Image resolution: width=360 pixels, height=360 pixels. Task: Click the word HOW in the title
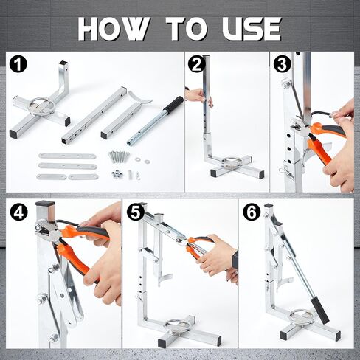point(114,29)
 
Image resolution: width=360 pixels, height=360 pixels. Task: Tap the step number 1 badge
point(18,64)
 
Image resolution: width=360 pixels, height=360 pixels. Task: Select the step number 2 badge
point(196,64)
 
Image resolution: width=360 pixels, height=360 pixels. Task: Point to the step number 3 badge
point(282,64)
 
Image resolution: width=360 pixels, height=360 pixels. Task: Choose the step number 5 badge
point(135,212)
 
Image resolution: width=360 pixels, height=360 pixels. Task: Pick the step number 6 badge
point(252,212)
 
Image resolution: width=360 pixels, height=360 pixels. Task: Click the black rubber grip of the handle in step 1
point(173,104)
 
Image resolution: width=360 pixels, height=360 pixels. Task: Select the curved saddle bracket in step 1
point(140,98)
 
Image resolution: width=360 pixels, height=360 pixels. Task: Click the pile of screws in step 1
point(118,156)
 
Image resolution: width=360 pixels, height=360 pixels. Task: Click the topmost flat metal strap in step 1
point(67,156)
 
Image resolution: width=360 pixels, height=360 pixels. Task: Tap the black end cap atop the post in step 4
point(45,204)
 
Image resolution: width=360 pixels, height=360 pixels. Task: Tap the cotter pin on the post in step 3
point(285,171)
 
